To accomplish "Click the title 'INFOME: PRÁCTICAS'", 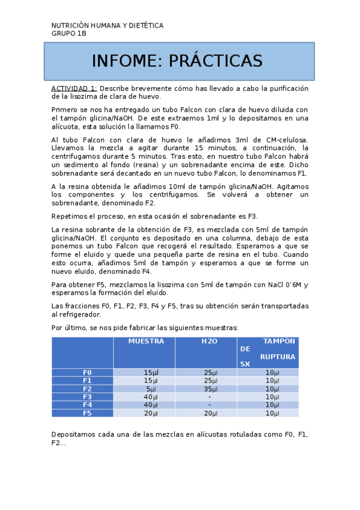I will coord(177,61).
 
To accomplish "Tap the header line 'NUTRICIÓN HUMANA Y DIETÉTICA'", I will coord(107,25).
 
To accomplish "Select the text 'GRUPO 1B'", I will coord(69,34).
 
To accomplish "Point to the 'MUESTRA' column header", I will coord(146,341).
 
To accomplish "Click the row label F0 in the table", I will coord(87,373).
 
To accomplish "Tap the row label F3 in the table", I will coord(87,397).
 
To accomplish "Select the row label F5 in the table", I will coord(87,413).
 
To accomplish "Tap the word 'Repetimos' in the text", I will coord(70,216).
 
